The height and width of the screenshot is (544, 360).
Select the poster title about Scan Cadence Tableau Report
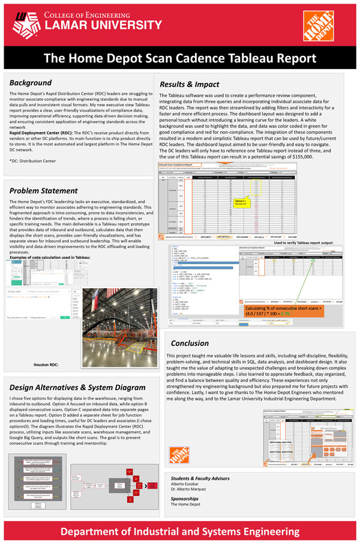180,58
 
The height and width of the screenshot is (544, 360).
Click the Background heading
31,82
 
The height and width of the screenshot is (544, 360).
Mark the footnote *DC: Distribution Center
32,162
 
